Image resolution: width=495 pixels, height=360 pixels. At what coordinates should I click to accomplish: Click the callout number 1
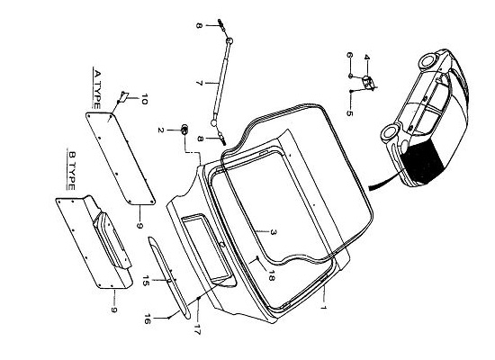(322, 307)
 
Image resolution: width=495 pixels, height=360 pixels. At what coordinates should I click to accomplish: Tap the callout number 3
(274, 232)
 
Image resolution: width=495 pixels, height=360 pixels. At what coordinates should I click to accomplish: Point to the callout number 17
(197, 329)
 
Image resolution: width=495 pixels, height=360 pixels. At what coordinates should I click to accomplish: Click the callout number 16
(147, 319)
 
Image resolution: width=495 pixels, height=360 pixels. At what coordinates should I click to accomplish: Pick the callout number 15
(145, 281)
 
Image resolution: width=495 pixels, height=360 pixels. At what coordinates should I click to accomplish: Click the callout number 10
(144, 99)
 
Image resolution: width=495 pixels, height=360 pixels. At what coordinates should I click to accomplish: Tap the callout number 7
(199, 83)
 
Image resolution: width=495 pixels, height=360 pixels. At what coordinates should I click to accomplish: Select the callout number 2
(161, 130)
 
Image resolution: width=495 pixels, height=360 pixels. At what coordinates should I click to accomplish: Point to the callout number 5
(349, 112)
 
